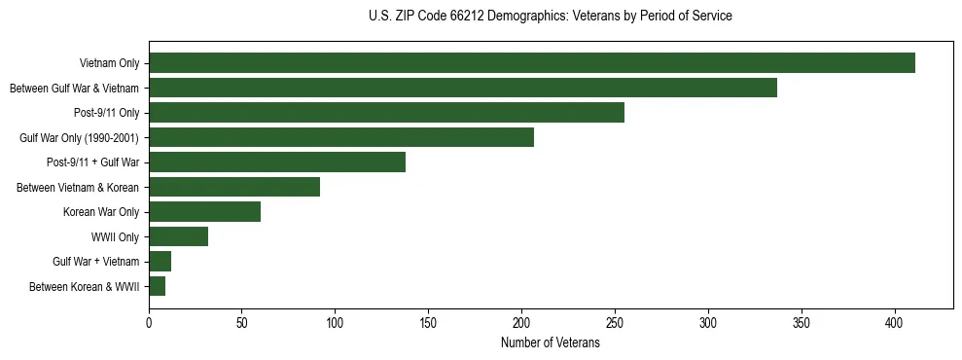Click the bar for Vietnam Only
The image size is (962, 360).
(532, 63)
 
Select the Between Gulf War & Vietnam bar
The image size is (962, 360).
(463, 88)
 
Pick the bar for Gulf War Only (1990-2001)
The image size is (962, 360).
(341, 137)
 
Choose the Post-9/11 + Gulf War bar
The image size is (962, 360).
(277, 162)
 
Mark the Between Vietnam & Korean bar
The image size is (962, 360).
(234, 187)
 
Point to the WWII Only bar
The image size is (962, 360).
(178, 236)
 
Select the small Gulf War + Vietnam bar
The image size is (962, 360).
(160, 262)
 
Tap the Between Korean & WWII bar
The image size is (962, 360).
(157, 286)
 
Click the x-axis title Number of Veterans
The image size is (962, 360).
(551, 343)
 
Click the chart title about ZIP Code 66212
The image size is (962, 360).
(551, 17)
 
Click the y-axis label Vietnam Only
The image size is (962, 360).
(109, 63)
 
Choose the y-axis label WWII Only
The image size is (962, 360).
(115, 236)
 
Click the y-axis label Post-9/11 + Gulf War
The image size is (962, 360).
(93, 162)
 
